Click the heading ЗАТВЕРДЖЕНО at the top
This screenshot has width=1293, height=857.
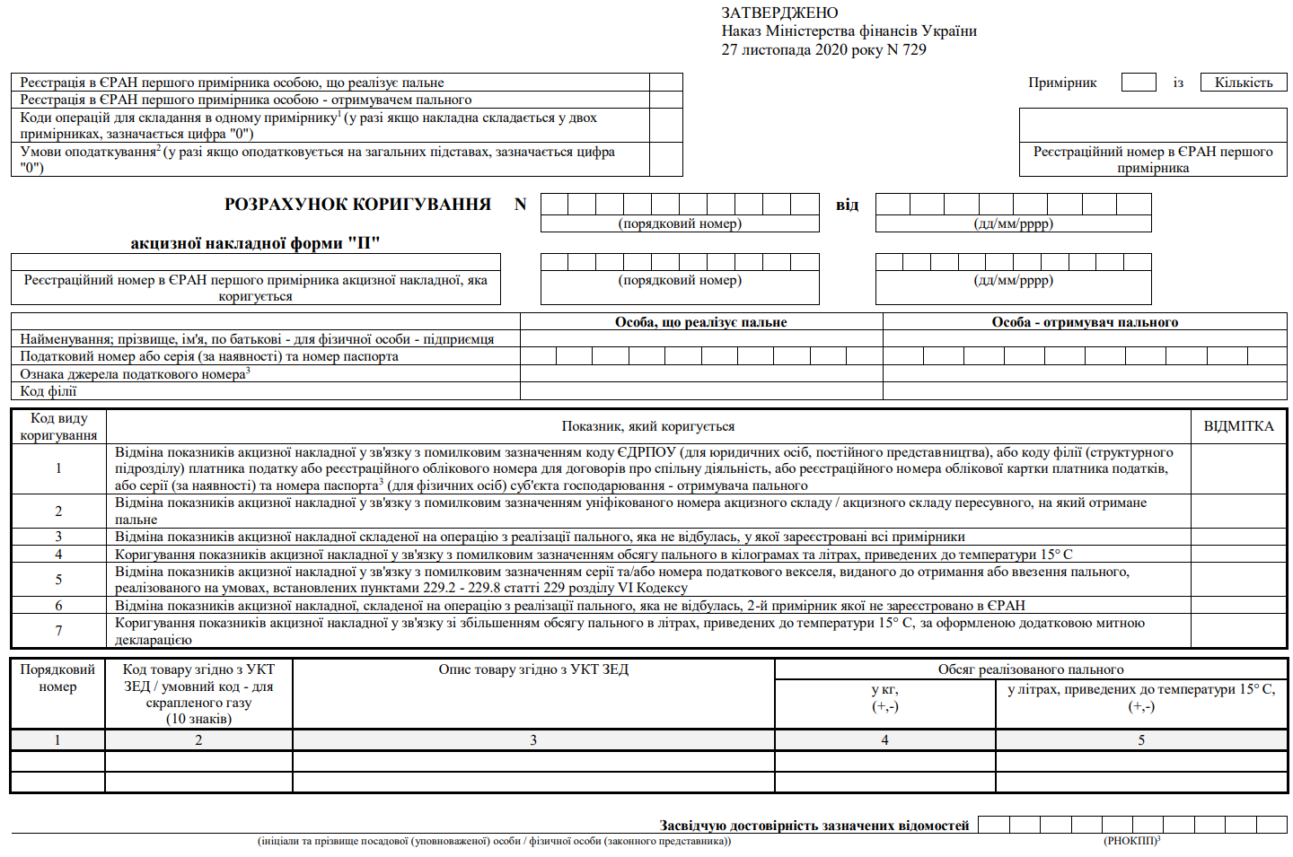[x=779, y=13]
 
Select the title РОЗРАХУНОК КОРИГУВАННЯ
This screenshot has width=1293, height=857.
[x=357, y=205]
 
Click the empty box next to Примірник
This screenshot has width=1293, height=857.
[x=1139, y=83]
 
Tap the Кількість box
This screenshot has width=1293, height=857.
[x=1244, y=83]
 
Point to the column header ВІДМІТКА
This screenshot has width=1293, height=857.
[x=1238, y=426]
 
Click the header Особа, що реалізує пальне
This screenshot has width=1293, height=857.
[x=700, y=322]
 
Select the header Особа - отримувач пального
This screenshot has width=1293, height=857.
[x=1085, y=322]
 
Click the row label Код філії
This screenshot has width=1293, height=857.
[x=48, y=391]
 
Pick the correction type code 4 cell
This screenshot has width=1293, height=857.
[x=58, y=555]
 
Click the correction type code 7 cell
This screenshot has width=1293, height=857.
[x=58, y=631]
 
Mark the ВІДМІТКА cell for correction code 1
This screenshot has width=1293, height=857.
[x=1238, y=468]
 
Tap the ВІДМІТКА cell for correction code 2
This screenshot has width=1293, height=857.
[x=1238, y=511]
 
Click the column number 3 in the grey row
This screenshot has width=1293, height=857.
[x=533, y=740]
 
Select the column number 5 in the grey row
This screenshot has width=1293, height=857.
[x=1141, y=740]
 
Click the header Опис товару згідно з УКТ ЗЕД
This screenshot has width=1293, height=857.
[x=533, y=669]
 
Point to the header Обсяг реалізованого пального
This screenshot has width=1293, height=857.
[x=1031, y=669]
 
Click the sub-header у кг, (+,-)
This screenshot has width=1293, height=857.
[x=884, y=697]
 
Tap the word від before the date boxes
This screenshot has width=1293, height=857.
[x=847, y=205]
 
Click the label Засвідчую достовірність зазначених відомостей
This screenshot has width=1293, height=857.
[x=814, y=826]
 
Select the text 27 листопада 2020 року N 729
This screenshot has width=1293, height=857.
[x=823, y=49]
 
